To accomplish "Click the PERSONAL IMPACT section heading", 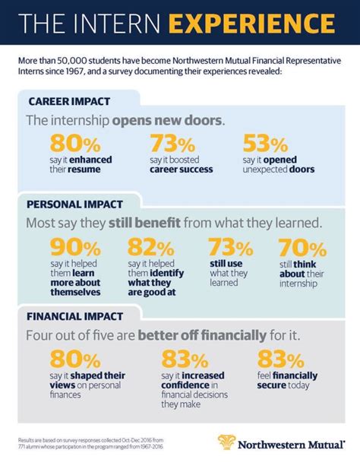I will click(76, 204).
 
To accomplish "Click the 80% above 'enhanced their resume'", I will click(74, 143).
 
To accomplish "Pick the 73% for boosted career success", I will click(173, 143).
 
